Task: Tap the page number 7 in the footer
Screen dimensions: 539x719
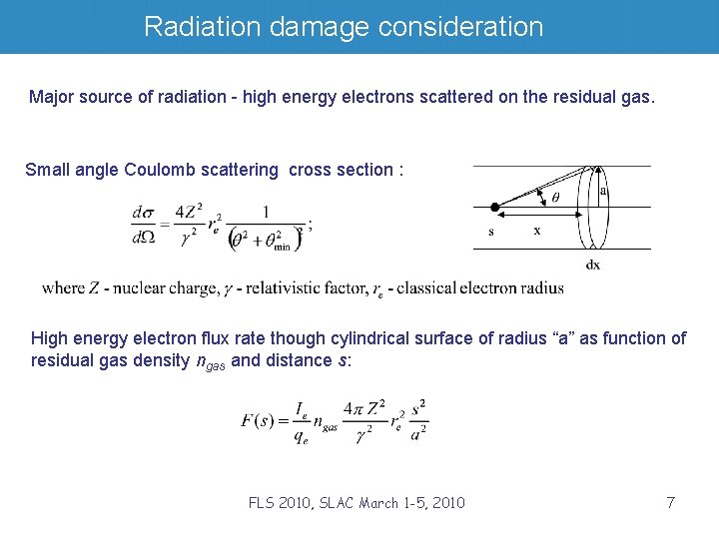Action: click(671, 502)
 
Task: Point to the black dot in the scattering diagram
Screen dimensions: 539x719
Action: click(493, 207)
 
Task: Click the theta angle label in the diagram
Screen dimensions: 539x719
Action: click(555, 197)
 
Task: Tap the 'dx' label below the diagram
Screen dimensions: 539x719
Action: click(593, 265)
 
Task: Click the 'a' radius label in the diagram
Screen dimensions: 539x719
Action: click(603, 190)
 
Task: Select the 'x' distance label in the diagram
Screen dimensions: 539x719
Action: click(537, 230)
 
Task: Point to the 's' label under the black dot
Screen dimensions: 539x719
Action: click(491, 231)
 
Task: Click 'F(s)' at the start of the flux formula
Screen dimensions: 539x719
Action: click(258, 420)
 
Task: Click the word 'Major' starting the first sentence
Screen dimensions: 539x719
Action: click(50, 97)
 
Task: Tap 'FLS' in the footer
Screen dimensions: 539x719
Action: click(263, 502)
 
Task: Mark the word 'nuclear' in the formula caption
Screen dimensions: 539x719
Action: click(139, 288)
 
